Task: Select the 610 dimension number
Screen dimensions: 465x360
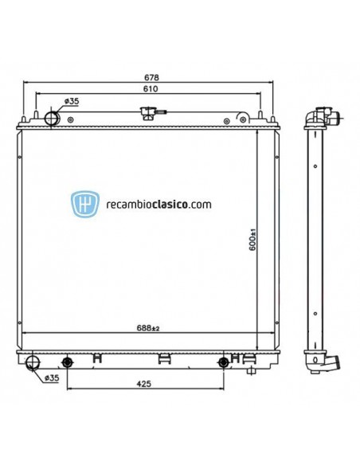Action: pos(150,90)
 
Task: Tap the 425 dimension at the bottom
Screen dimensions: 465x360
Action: pos(144,384)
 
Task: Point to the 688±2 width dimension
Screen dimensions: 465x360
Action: pos(148,328)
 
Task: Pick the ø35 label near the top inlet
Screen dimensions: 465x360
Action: pos(71,101)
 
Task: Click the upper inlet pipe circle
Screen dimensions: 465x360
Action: pos(52,119)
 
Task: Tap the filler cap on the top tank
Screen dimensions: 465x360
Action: pos(147,115)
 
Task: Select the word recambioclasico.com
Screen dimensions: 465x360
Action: pos(158,204)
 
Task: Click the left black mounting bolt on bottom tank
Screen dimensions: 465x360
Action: pos(68,363)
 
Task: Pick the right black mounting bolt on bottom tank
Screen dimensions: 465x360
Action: pos(223,363)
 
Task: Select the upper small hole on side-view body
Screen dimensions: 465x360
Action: pos(315,166)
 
